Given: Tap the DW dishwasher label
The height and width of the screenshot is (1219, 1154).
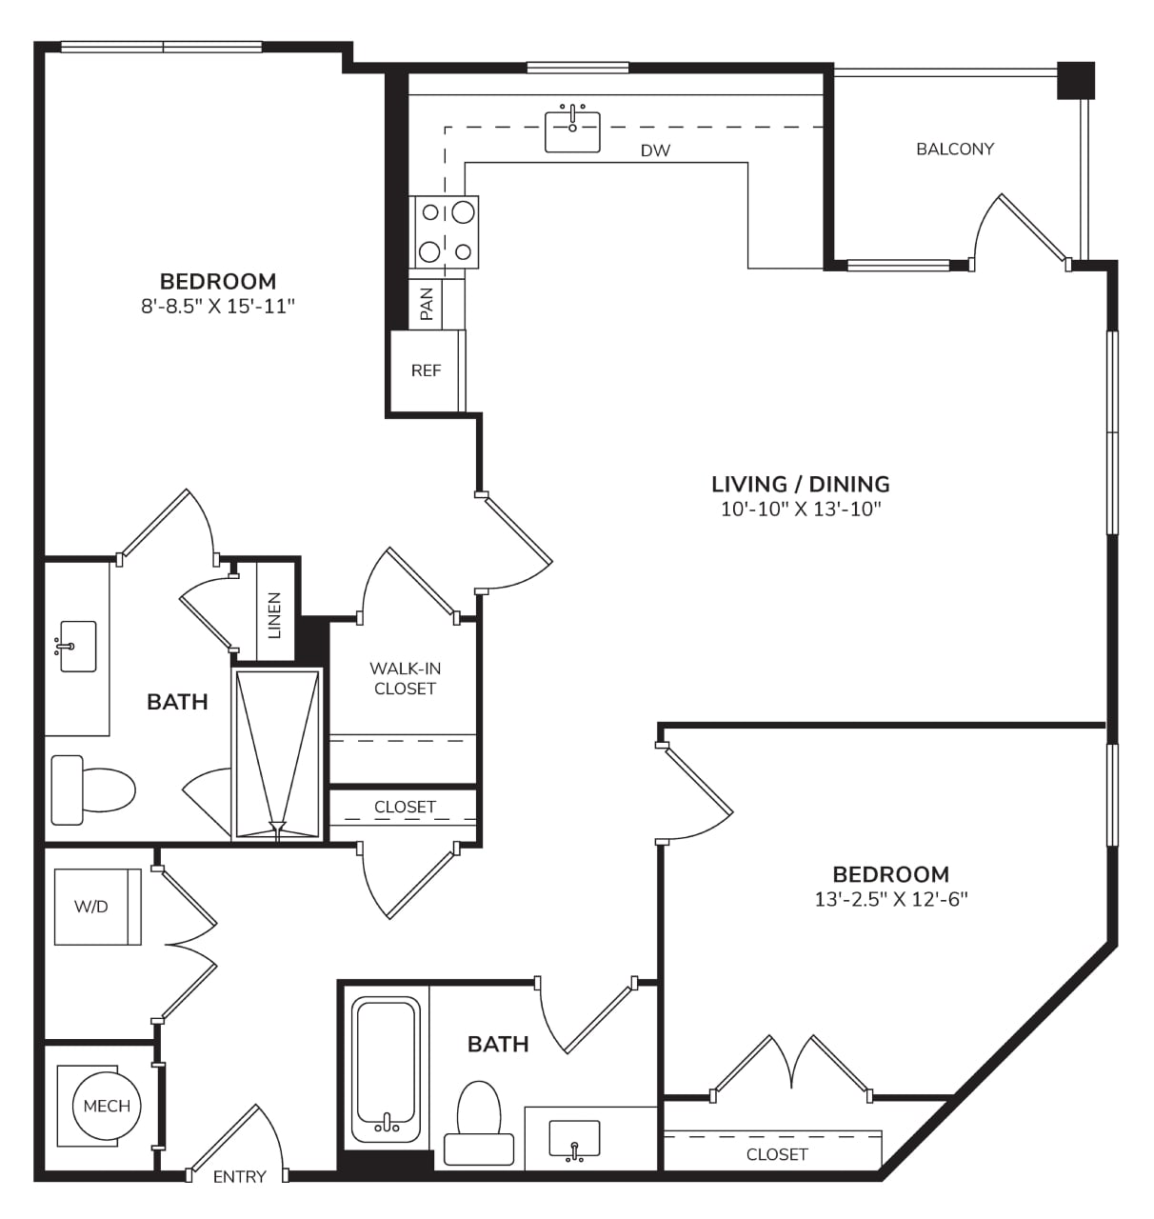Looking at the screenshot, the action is (655, 150).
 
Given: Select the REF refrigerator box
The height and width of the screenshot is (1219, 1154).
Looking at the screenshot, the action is (428, 370).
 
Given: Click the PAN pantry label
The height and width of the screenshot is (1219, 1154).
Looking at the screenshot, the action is (426, 304).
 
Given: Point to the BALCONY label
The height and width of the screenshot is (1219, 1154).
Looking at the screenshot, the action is (954, 149).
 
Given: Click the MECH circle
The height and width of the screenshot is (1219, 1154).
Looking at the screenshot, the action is (107, 1106).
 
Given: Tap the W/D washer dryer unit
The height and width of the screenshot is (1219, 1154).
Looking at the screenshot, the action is (97, 906).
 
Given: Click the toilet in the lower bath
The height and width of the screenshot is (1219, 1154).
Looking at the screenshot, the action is (479, 1123).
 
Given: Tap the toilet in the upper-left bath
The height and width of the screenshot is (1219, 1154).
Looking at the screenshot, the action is (93, 789).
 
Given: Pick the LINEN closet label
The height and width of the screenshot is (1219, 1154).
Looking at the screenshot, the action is (274, 615).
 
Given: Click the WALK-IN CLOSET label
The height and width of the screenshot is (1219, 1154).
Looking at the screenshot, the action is (405, 678).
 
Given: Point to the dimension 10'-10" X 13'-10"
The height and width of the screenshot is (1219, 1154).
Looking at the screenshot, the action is (800, 510).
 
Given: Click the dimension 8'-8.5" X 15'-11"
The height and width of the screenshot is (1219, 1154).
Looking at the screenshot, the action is (217, 307).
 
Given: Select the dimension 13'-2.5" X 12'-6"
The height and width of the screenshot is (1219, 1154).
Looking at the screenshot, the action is (890, 899).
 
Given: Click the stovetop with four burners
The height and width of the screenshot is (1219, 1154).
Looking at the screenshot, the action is (444, 231).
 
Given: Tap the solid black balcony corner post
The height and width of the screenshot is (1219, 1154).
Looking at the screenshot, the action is (1075, 80).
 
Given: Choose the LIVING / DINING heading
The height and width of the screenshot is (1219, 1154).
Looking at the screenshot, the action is (800, 484).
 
